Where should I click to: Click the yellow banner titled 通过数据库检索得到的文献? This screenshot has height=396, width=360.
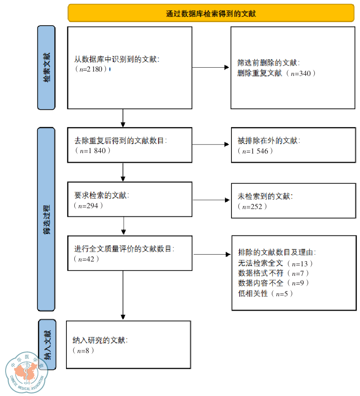click(211, 13)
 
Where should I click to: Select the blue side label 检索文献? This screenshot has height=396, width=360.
click(46, 67)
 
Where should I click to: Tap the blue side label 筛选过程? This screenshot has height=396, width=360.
click(46, 219)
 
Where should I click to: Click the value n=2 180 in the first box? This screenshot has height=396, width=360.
click(91, 69)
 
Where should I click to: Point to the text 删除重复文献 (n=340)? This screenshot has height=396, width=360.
click(277, 73)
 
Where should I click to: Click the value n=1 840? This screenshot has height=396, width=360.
click(92, 151)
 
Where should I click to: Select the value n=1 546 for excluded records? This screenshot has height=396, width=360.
click(256, 151)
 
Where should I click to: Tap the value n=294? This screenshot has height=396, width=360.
click(89, 205)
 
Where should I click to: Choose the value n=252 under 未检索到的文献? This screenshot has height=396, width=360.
click(253, 206)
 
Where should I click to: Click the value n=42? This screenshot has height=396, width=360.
click(87, 259)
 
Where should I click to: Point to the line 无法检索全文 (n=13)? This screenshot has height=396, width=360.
click(276, 263)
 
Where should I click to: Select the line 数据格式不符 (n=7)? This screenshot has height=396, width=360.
click(274, 273)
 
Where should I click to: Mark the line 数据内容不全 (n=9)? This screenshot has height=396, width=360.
click(274, 283)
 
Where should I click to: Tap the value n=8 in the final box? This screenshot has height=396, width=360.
click(83, 350)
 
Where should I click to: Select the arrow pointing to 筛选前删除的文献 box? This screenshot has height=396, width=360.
click(211, 68)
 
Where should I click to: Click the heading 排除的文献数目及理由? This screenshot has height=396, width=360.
click(277, 252)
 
